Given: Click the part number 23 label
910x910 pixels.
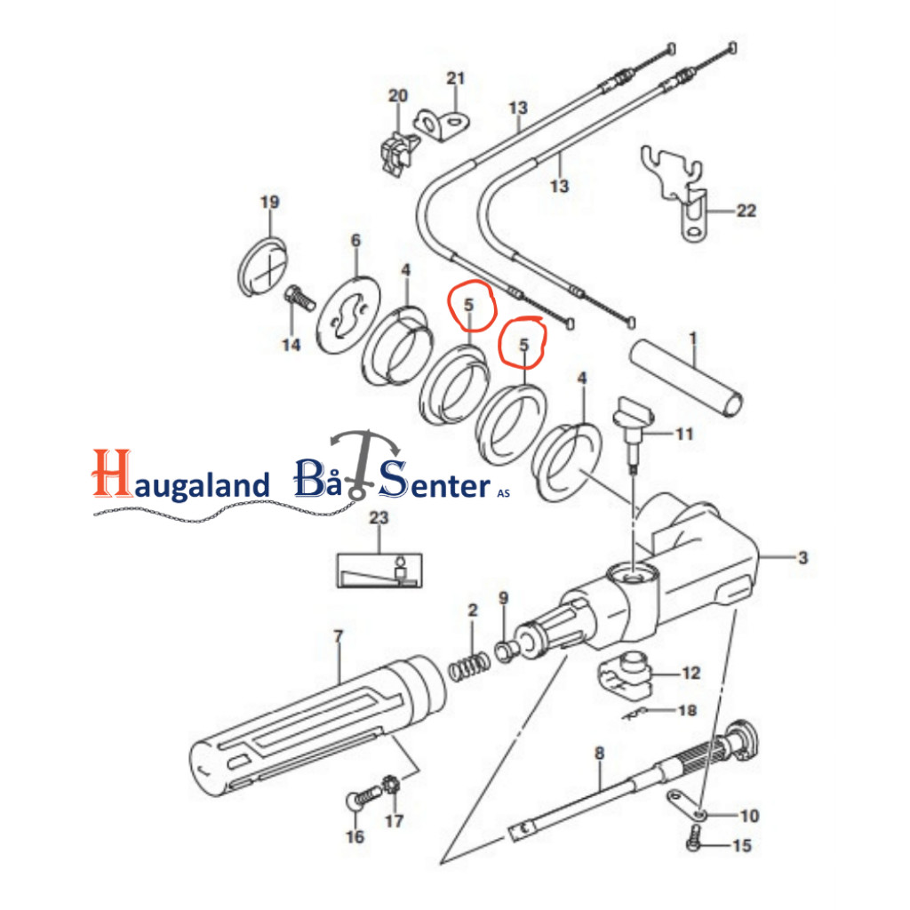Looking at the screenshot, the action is point(379,517).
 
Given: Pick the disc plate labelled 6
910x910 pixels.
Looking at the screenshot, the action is point(348,315).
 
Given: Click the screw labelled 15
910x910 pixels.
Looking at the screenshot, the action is point(693,839).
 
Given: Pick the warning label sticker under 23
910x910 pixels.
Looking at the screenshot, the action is point(379,571).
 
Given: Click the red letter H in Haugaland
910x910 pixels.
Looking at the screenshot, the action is point(112,473).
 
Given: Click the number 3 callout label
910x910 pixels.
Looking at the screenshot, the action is point(802,558).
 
